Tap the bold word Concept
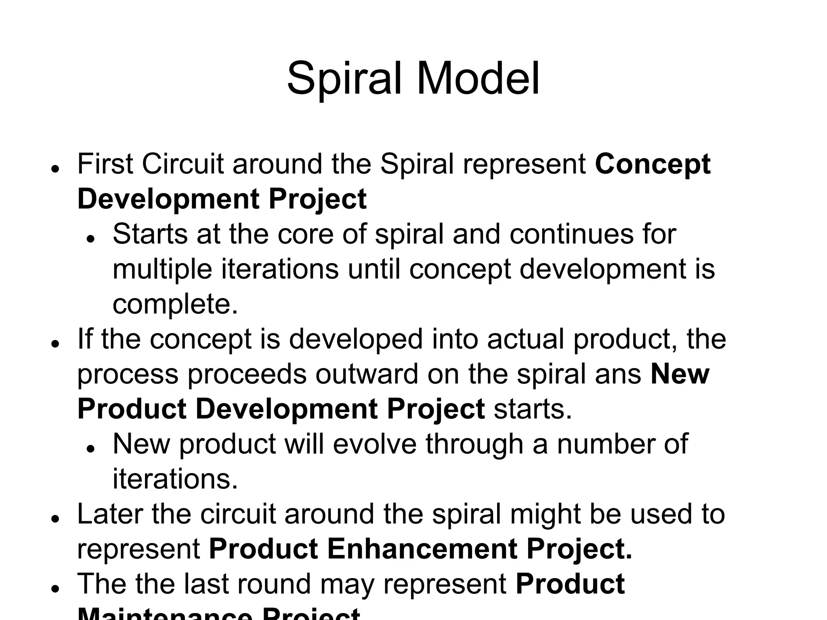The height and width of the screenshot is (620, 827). pos(653,165)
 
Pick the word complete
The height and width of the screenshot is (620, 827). pos(175,304)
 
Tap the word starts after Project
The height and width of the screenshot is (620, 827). pos(533,409)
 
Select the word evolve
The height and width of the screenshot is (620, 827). pos(375,444)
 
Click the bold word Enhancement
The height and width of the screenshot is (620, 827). pos(422,549)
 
